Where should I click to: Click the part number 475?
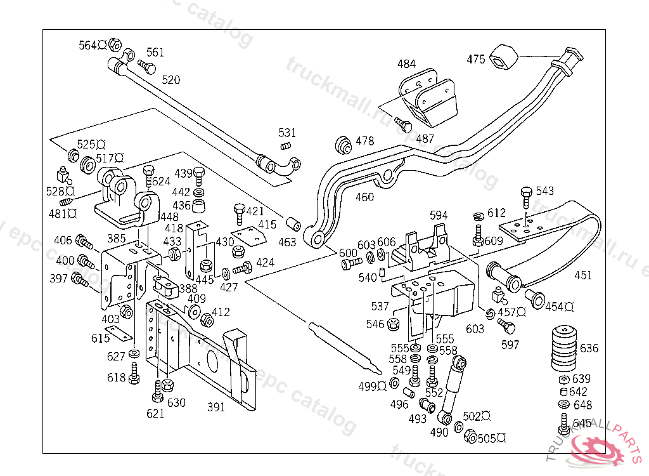[476, 60]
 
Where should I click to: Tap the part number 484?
[407, 64]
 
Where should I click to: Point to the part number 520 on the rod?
[170, 80]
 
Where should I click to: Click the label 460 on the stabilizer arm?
[364, 197]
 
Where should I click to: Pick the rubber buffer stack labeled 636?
[563, 348]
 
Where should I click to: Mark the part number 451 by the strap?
[583, 275]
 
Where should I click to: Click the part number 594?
[439, 215]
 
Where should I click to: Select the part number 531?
[287, 133]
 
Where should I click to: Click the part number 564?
[87, 45]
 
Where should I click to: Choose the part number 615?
[100, 339]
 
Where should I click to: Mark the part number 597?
[510, 345]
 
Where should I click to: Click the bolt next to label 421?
[239, 213]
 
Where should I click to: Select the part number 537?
[380, 307]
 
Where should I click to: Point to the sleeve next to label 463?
[293, 225]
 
